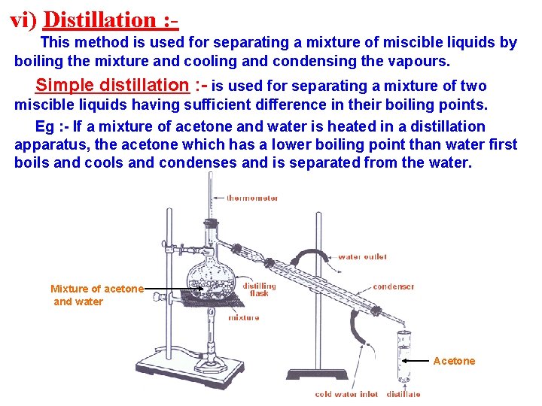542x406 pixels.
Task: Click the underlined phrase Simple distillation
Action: tap(112, 85)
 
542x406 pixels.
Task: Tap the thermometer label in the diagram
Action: tap(252, 198)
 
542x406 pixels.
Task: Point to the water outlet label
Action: tap(362, 257)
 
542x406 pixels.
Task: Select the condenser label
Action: tap(393, 286)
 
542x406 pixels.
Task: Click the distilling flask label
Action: tap(259, 289)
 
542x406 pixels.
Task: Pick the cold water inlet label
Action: tap(346, 394)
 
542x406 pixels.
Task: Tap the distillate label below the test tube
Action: tap(403, 394)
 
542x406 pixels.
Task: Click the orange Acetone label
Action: tap(454, 361)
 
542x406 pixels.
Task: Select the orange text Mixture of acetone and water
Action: tap(96, 295)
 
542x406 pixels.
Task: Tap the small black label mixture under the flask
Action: tap(244, 318)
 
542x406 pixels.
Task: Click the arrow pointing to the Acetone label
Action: tap(418, 361)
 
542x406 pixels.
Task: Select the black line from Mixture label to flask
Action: tap(166, 288)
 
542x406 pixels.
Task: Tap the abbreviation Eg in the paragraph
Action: tap(44, 126)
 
